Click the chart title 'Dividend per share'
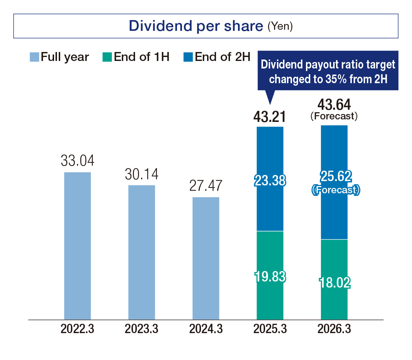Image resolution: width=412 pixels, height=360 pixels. pos(196,26)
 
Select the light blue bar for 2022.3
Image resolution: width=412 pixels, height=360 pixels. pos(77,246)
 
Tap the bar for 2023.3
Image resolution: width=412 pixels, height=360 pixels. pos(142,252)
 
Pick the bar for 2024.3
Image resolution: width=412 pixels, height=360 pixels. pos(206,258)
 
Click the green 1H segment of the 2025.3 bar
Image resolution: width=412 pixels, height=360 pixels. pos(270,275)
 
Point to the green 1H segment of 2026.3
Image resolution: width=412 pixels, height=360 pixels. pos(334,279)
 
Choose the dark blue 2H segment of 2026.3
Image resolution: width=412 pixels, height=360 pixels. pos(334,182)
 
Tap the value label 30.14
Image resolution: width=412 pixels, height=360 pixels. pos(142,174)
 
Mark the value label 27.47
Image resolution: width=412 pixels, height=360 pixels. pos(206,186)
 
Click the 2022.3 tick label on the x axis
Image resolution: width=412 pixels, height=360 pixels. pos(77,329)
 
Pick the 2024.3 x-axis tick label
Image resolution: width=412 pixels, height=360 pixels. pos(206,329)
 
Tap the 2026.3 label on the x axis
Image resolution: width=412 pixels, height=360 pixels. pos(334,329)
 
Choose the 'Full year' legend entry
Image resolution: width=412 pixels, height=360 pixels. pos(59,57)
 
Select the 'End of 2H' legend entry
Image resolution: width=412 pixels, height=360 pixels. pos(217,57)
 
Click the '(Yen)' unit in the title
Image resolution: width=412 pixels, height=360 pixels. pos(280,28)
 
